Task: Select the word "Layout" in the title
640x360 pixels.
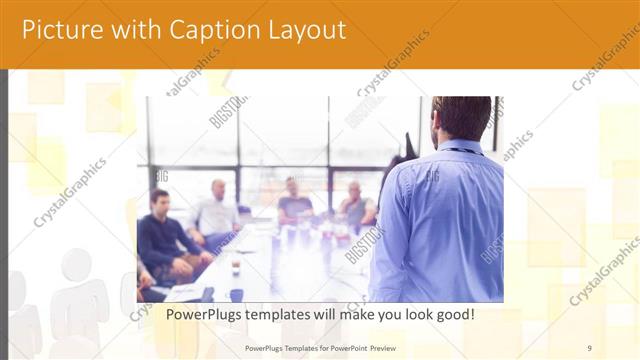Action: click(301, 30)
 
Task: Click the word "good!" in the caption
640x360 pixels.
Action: click(451, 314)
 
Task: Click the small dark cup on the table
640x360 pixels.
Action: click(236, 268)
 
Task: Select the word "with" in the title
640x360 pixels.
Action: click(128, 30)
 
